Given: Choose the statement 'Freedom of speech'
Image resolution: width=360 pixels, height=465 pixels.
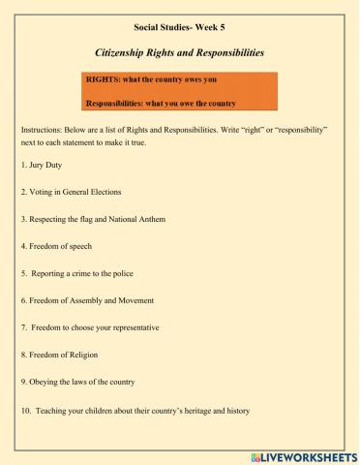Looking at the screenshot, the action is [58, 248].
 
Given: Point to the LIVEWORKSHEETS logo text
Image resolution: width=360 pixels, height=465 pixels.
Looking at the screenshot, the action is [308, 454].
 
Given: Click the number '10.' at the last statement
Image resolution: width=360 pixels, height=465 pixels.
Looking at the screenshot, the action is [25, 410].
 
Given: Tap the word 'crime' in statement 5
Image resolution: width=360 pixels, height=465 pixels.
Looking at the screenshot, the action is [81, 275].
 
